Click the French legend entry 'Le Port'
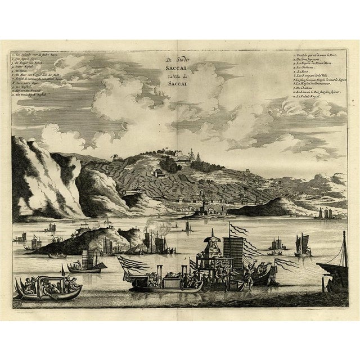click(303, 71)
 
